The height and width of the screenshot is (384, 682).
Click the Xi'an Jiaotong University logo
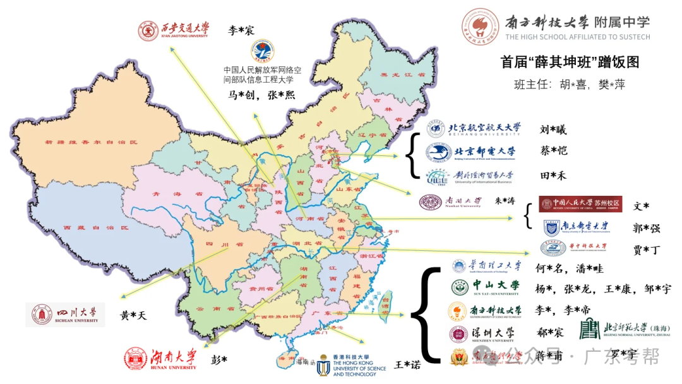click(174, 30)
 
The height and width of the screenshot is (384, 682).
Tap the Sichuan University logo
click(65, 315)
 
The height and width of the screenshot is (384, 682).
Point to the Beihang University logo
click(474, 129)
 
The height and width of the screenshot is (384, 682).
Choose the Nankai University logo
click(451, 201)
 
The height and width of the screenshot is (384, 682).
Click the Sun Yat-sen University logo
click(486, 287)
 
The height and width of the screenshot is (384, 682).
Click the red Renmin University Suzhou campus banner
click(580, 204)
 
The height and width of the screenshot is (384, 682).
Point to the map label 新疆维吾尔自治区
click(91, 143)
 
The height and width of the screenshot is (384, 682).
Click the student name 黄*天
click(133, 315)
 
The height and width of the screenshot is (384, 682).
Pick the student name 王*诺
click(407, 364)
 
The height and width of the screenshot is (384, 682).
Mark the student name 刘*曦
click(553, 130)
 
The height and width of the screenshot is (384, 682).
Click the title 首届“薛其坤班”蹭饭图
click(570, 62)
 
